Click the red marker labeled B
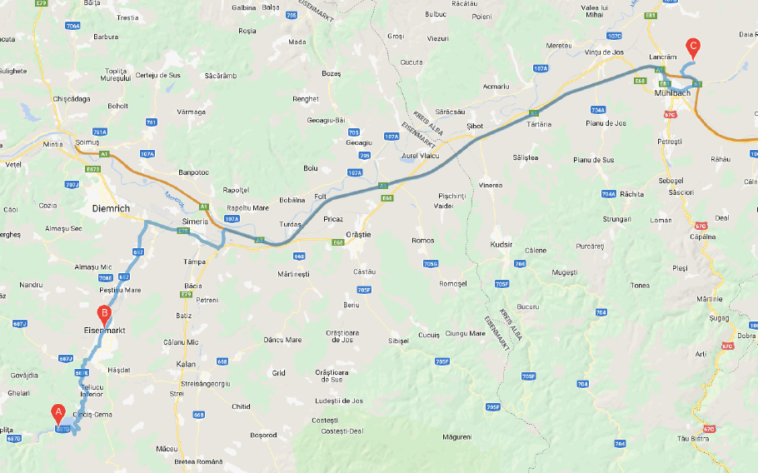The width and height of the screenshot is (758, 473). point(104,315)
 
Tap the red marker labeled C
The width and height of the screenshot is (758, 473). point(692,47)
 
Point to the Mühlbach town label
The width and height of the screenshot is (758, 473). point(673,93)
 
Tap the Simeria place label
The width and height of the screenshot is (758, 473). point(195,222)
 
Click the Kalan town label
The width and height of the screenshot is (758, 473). point(187,364)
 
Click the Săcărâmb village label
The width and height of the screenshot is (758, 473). point(221,76)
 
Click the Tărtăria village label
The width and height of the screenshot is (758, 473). point(540,124)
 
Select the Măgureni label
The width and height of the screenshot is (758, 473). point(457,436)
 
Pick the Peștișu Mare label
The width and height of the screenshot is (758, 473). point(120,290)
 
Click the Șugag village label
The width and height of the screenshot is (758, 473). point(719,318)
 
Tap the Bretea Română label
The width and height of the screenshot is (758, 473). point(198,461)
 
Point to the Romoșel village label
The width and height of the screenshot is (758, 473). point(453,283)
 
